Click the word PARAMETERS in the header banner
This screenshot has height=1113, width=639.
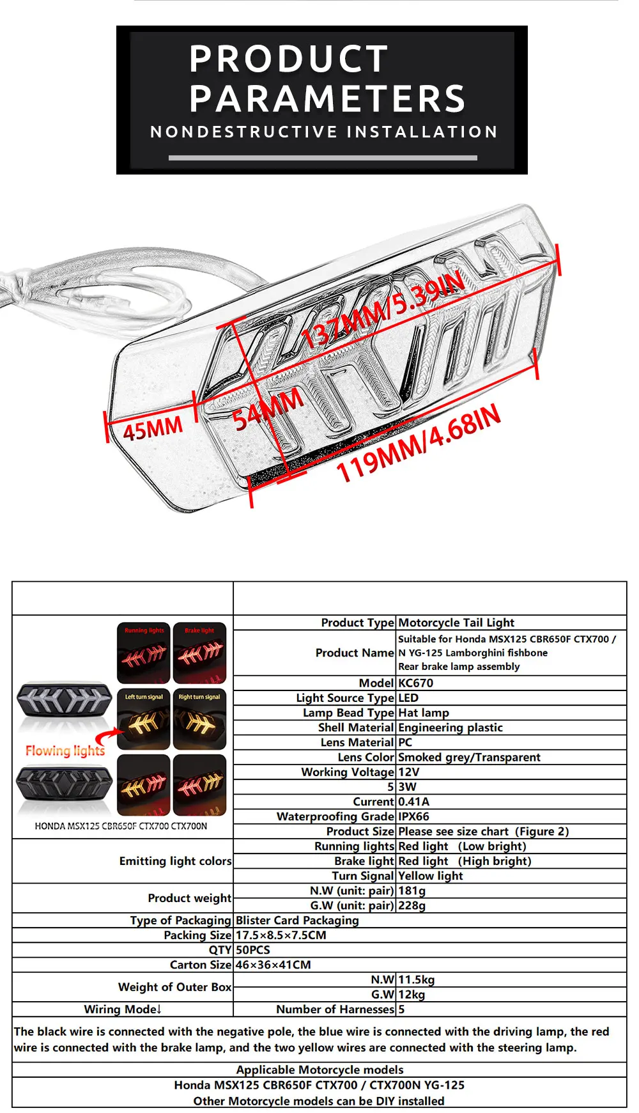pyautogui.click(x=327, y=99)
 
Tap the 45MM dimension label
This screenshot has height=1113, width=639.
pyautogui.click(x=153, y=428)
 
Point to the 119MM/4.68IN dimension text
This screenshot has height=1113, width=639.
pyautogui.click(x=419, y=443)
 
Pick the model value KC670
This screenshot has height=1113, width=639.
pyautogui.click(x=415, y=683)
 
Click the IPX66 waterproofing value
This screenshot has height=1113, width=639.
pyautogui.click(x=413, y=816)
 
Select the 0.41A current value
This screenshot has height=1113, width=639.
pyautogui.click(x=413, y=802)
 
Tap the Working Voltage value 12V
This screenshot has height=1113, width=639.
pyautogui.click(x=408, y=772)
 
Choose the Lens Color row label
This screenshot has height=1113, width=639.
pyautogui.click(x=366, y=757)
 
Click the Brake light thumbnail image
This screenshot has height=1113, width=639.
pyautogui.click(x=199, y=653)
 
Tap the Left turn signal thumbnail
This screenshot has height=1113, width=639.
pyautogui.click(x=144, y=719)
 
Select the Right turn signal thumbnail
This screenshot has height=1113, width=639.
pyautogui.click(x=199, y=719)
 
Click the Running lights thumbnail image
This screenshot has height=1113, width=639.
pyautogui.click(x=144, y=653)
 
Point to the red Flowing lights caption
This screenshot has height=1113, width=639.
pyautogui.click(x=65, y=751)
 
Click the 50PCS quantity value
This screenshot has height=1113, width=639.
pyautogui.click(x=253, y=950)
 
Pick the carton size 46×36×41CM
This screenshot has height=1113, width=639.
pyautogui.click(x=273, y=965)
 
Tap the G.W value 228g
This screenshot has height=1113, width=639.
pyautogui.click(x=412, y=905)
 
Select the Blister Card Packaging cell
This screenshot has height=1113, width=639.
pyautogui.click(x=297, y=920)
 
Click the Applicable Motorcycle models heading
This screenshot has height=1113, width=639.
pyautogui.click(x=319, y=1070)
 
